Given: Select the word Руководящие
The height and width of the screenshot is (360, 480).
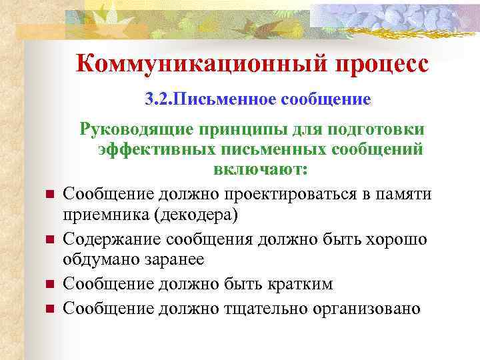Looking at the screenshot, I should tap(133, 127).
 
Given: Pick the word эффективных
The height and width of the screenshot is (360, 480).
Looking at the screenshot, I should tap(156, 149).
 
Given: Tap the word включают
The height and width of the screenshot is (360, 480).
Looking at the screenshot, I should tap(261, 170).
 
